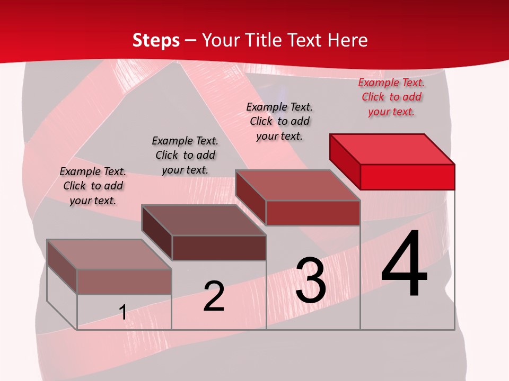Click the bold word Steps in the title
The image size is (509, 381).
tap(156, 40)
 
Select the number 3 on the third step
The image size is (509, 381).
tap(311, 280)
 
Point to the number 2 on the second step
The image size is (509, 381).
tap(214, 296)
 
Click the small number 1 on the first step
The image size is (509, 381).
tap(123, 312)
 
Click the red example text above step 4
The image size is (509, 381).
tap(391, 97)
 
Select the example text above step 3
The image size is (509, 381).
tap(279, 121)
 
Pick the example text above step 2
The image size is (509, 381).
tap(185, 155)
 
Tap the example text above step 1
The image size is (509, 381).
tap(93, 186)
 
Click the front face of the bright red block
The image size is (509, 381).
tap(407, 177)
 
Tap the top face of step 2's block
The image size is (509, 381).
tap(204, 220)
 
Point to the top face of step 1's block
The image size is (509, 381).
tap(109, 255)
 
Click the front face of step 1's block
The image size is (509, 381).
tap(124, 282)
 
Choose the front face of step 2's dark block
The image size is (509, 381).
tap(218, 248)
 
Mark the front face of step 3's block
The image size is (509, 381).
tap(313, 213)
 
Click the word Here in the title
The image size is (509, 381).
tap(348, 40)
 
